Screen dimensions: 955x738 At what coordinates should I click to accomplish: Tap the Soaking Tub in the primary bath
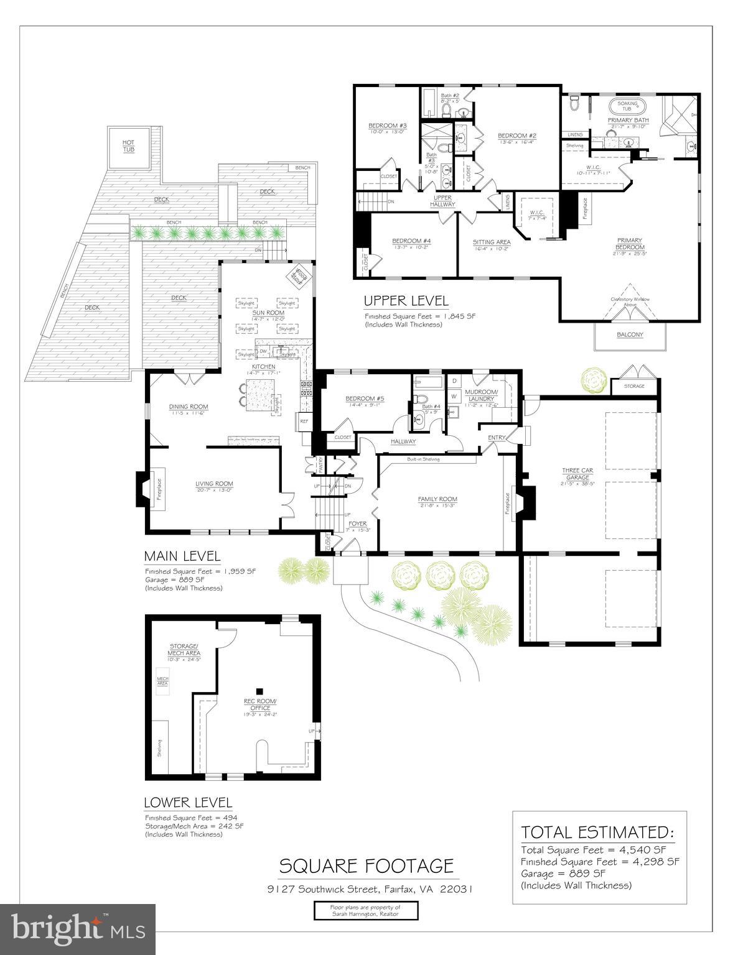click(627, 106)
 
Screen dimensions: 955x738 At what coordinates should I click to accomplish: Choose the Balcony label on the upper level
click(630, 334)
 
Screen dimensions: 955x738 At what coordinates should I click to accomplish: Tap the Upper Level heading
click(406, 302)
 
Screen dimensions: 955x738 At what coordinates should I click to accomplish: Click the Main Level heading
click(182, 556)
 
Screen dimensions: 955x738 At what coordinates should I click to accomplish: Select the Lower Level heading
click(188, 803)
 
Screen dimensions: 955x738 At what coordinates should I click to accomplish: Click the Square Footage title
click(366, 865)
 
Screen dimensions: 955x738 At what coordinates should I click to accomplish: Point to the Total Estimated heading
click(597, 833)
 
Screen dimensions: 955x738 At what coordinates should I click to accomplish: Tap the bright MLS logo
click(78, 929)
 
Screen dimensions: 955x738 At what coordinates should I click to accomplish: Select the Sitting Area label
click(492, 242)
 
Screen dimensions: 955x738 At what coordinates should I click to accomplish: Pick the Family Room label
click(437, 499)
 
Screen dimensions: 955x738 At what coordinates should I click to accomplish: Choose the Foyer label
click(358, 524)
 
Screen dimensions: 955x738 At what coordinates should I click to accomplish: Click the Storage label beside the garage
click(634, 386)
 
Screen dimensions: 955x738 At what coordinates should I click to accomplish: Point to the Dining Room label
click(189, 407)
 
